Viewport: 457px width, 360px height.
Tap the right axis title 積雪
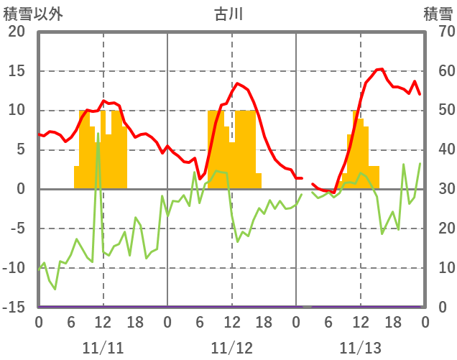coord(438,13)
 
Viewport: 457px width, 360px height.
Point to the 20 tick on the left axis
coord(17,32)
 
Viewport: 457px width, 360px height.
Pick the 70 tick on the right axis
coord(439,32)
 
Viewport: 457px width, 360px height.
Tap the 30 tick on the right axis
coord(439,190)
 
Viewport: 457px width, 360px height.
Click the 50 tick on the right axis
coord(439,111)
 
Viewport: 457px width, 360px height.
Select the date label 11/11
coord(103,348)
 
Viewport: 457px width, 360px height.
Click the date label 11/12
coord(232,348)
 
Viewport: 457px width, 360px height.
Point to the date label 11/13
coord(361,348)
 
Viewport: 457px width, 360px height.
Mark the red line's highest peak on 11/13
coord(382,69)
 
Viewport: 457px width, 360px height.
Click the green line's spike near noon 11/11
coord(98,133)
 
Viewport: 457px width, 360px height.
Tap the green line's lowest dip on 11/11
coord(55,289)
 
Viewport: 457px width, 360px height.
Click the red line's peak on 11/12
coord(238,83)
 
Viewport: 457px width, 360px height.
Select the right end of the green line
coord(420,164)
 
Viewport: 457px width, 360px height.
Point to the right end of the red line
coord(420,94)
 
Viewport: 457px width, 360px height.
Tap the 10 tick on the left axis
coord(17,111)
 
